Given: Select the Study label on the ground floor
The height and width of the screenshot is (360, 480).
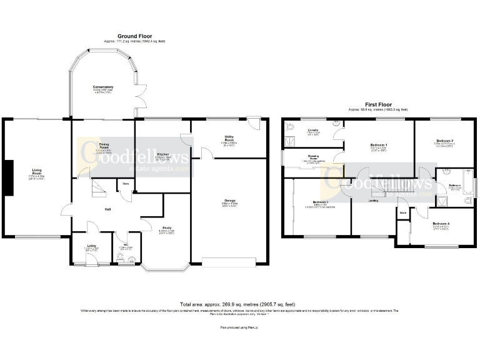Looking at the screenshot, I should pyautogui.click(x=167, y=228).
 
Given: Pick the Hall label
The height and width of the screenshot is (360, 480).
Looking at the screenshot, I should pyautogui.click(x=107, y=209).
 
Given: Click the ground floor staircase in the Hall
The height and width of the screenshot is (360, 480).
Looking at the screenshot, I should pyautogui.click(x=97, y=188).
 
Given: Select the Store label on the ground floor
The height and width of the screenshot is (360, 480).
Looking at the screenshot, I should pyautogui.click(x=126, y=184).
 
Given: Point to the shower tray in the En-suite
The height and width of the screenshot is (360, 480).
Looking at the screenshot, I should pyautogui.click(x=291, y=142).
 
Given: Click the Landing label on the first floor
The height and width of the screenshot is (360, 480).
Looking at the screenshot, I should pyautogui.click(x=373, y=201).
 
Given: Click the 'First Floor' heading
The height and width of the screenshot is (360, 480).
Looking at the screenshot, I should pyautogui.click(x=377, y=105).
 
